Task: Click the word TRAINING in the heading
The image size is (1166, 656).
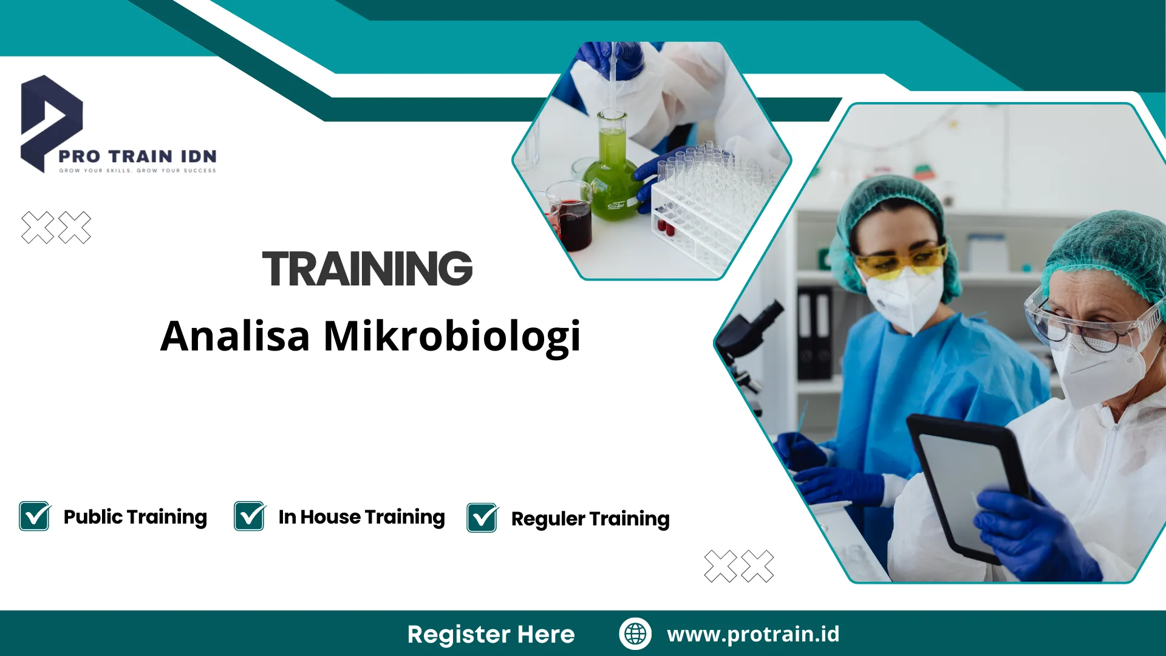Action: point(367,268)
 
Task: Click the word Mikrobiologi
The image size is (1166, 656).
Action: point(452,336)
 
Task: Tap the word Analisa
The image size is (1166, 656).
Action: point(235,336)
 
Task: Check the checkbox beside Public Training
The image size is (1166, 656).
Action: point(35,516)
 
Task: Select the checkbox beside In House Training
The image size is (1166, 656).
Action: point(250,516)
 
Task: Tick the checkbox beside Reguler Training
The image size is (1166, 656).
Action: point(483,518)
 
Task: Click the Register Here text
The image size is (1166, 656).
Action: point(491,634)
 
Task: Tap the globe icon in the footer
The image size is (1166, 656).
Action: point(635,634)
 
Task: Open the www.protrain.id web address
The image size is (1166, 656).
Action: point(753,634)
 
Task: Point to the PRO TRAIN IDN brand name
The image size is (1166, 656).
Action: point(138,156)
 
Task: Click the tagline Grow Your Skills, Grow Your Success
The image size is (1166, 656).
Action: point(138,171)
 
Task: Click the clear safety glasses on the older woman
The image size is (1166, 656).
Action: point(1087,322)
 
